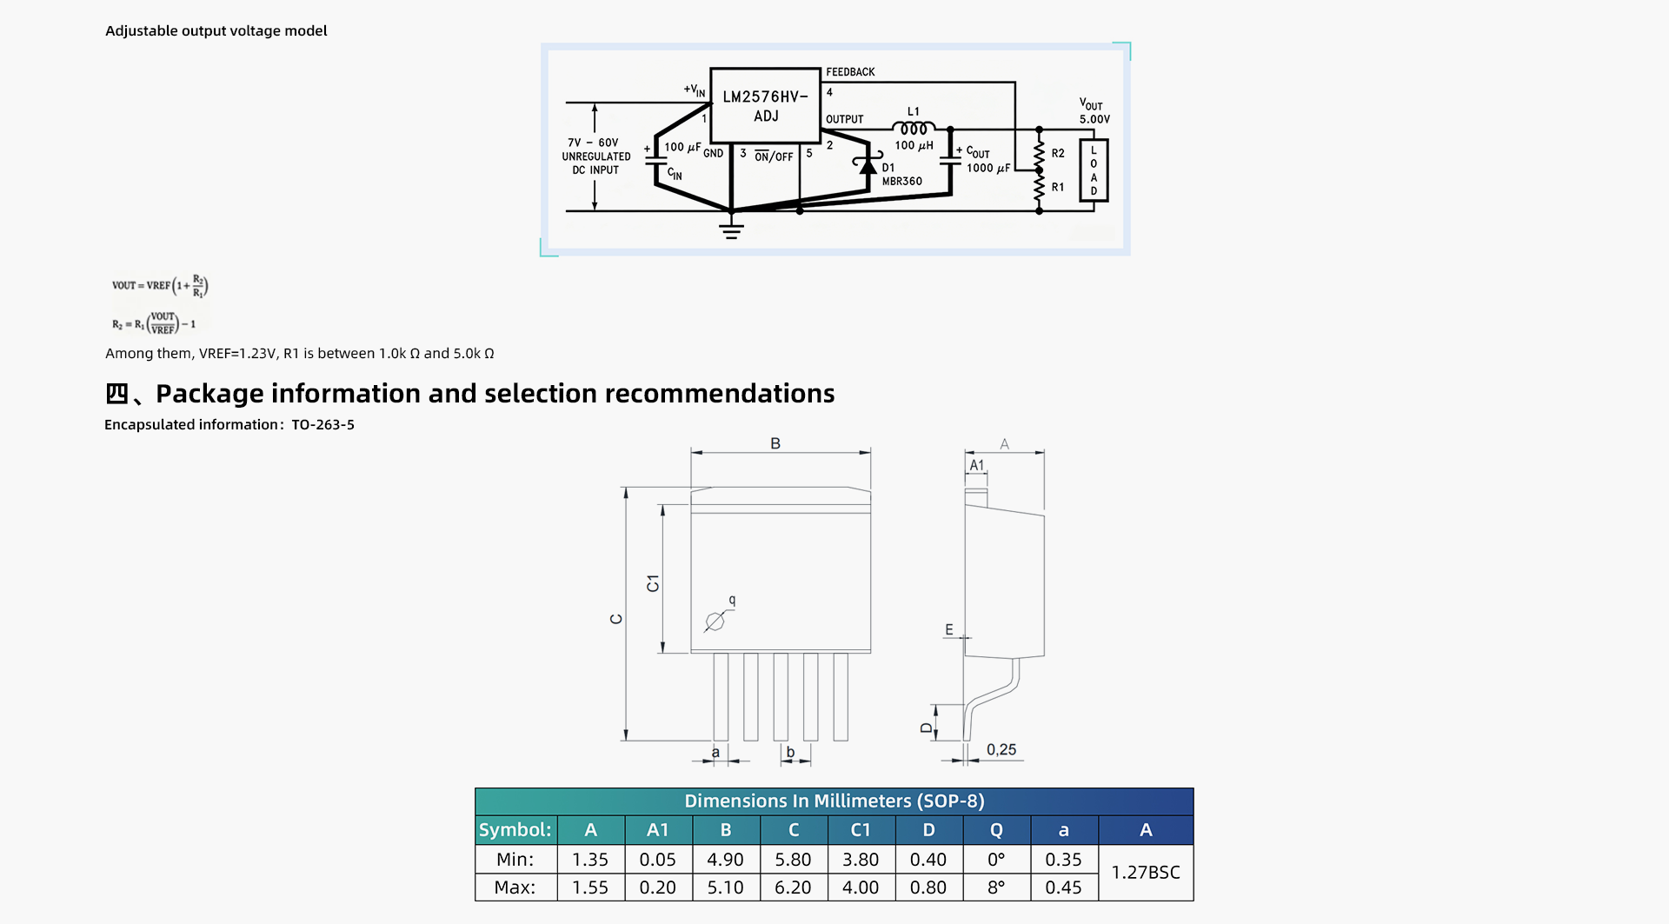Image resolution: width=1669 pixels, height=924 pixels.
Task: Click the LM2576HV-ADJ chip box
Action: tap(765, 105)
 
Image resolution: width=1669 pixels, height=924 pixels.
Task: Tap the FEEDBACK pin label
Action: tap(850, 72)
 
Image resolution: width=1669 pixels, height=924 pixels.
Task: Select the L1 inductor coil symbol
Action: tap(914, 129)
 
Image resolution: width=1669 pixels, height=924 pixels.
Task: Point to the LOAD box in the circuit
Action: tap(1094, 170)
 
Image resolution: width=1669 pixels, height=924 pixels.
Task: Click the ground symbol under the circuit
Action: tap(731, 229)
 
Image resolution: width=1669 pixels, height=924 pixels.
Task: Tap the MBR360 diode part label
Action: tap(902, 182)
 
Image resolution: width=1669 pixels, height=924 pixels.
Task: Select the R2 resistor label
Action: tap(1058, 153)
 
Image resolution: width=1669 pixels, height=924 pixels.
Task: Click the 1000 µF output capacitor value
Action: tap(988, 169)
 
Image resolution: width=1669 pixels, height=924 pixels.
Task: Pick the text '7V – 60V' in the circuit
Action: tap(593, 143)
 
